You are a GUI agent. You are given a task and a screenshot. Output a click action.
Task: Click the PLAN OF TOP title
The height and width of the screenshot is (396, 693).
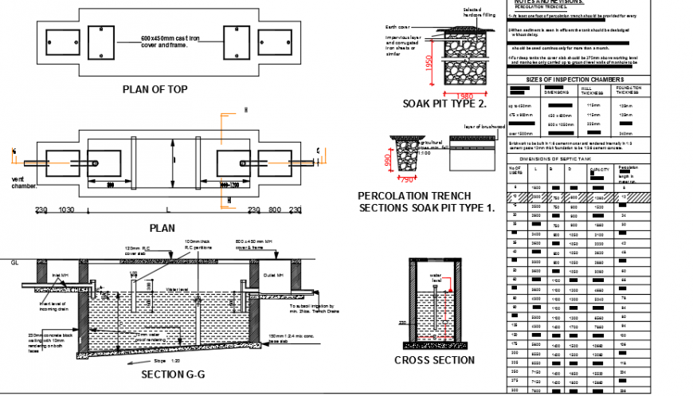pyautogui.click(x=155, y=89)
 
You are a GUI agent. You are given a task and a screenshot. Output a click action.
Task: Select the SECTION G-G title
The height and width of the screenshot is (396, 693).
pyautogui.click(x=172, y=374)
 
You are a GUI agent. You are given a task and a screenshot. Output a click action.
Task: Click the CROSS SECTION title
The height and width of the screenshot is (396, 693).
pyautogui.click(x=434, y=359)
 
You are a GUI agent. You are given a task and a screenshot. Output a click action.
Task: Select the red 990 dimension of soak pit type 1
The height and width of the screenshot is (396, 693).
pyautogui.click(x=388, y=161)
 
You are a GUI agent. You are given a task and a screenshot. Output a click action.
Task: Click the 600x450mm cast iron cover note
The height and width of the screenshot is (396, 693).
pyautogui.click(x=170, y=41)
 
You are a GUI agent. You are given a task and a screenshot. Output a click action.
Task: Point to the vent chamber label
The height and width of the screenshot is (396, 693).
pyautogui.click(x=25, y=182)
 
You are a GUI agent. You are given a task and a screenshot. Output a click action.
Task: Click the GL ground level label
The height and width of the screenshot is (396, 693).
pyautogui.click(x=14, y=261)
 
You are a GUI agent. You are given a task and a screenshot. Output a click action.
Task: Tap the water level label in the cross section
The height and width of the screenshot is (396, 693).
pyautogui.click(x=436, y=279)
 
